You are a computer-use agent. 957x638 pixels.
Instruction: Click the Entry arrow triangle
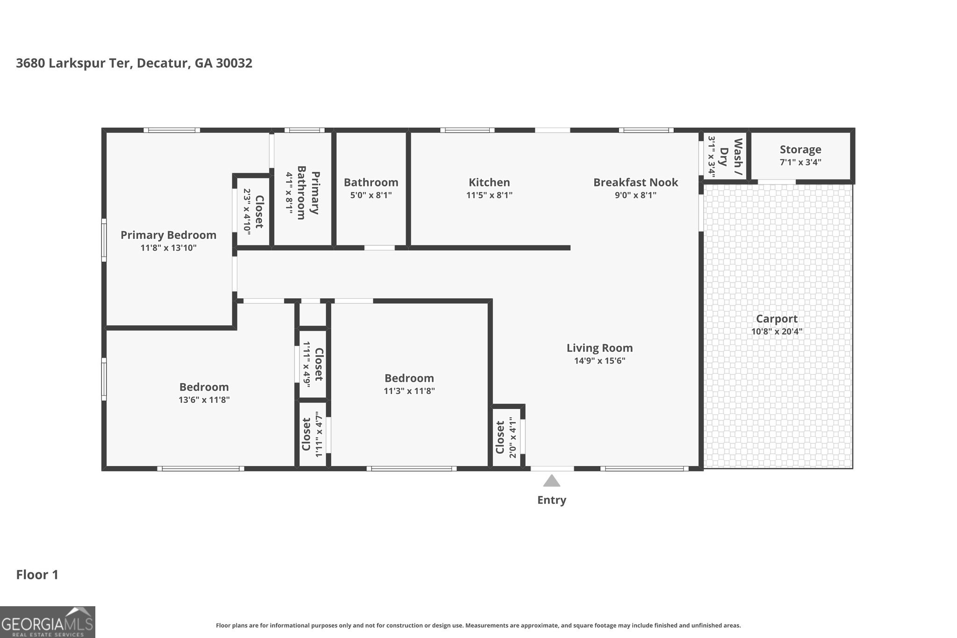551,481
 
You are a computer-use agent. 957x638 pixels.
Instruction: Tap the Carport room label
777,319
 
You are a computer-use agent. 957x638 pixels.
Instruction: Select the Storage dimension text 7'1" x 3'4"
800,163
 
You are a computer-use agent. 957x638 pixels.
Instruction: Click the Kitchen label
489,182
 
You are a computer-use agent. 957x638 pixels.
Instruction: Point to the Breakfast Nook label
636,182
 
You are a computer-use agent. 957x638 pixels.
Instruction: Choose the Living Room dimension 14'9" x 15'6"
600,361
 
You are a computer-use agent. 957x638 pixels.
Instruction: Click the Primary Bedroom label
168,235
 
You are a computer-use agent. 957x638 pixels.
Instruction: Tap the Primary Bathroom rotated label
308,193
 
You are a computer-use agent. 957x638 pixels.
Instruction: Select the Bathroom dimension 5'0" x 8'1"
371,195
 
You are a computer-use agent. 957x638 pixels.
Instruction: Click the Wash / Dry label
731,158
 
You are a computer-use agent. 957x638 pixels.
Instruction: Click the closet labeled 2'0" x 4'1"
506,437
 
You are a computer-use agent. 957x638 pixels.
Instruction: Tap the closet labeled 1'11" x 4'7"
312,434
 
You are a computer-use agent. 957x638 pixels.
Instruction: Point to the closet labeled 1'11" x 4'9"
313,364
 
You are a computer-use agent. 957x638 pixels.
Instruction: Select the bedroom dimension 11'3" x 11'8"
409,391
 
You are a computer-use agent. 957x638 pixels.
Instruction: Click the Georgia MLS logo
47,622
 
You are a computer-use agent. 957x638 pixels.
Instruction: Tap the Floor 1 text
37,575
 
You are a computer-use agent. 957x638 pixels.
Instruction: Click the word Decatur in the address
163,63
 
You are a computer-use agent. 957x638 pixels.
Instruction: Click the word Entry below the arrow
551,500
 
